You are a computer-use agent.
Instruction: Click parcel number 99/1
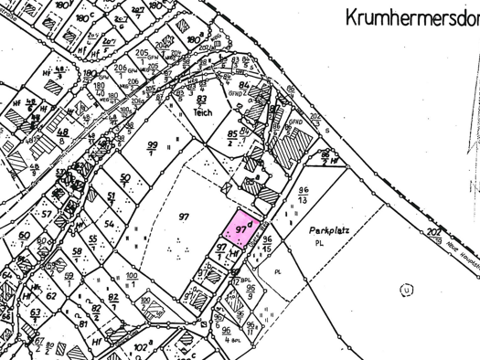point(152,149)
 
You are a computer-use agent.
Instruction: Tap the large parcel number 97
point(184,216)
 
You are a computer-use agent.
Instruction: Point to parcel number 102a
point(141,347)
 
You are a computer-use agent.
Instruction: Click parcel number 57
point(45,214)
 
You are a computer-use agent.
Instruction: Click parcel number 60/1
point(23,239)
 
